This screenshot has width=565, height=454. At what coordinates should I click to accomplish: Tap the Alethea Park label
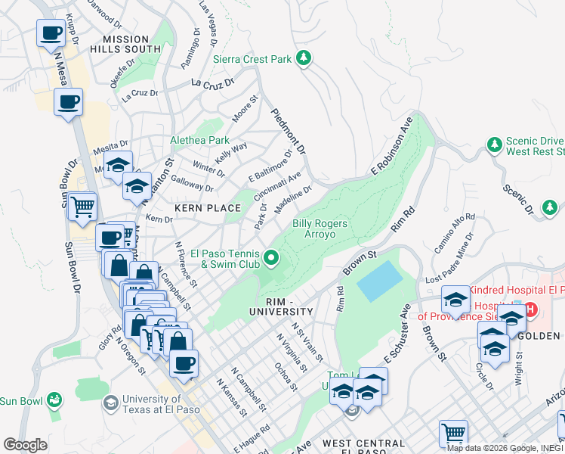(x=199, y=140)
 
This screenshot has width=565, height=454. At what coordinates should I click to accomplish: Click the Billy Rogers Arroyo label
(x=320, y=229)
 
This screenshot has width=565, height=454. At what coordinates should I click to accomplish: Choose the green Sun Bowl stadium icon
(x=54, y=399)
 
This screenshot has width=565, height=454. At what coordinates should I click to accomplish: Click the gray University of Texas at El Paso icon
(x=111, y=402)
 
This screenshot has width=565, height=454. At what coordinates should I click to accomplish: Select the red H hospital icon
(x=530, y=309)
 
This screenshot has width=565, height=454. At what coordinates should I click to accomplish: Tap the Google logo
(x=25, y=445)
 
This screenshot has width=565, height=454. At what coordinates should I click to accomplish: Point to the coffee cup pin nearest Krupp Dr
(x=51, y=33)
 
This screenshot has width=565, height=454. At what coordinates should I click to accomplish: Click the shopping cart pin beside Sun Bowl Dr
(x=82, y=205)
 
